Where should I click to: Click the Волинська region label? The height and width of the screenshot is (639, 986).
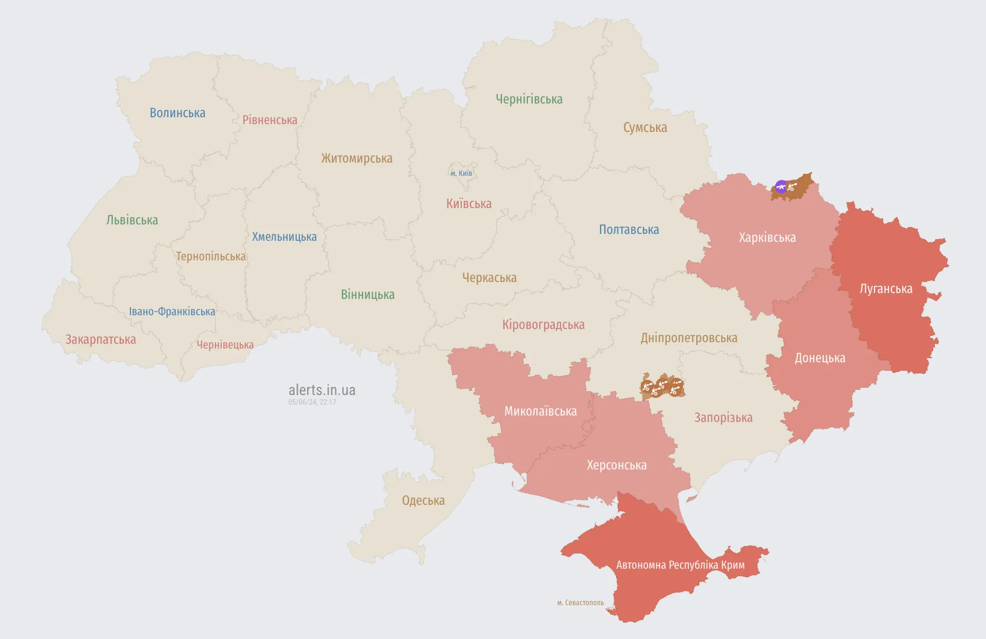pyautogui.click(x=177, y=113)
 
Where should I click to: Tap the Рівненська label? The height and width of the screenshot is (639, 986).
pyautogui.click(x=270, y=120)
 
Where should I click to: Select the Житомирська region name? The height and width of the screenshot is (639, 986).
pyautogui.click(x=357, y=158)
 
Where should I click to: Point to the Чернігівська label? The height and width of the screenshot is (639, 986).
pyautogui.click(x=529, y=99)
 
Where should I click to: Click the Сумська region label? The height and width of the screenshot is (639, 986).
pyautogui.click(x=645, y=128)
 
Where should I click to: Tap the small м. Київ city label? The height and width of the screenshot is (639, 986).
pyautogui.click(x=461, y=173)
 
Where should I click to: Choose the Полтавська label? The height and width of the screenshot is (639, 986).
pyautogui.click(x=629, y=230)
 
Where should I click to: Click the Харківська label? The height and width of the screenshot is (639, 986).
pyautogui.click(x=767, y=238)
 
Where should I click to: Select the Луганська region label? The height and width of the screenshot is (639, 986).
pyautogui.click(x=886, y=289)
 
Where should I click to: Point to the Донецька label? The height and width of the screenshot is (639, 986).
pyautogui.click(x=820, y=358)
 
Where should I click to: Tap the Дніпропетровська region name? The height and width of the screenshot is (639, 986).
pyautogui.click(x=689, y=338)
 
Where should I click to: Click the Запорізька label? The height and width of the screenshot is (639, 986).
pyautogui.click(x=723, y=418)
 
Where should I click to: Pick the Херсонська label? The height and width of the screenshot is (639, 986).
pyautogui.click(x=617, y=465)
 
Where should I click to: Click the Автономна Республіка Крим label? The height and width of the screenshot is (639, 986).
pyautogui.click(x=680, y=565)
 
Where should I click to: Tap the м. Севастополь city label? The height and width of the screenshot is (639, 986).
pyautogui.click(x=580, y=603)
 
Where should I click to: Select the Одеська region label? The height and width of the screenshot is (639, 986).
pyautogui.click(x=423, y=501)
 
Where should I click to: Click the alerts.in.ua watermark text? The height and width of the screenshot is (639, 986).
pyautogui.click(x=322, y=390)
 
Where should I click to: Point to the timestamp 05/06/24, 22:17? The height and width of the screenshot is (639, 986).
pyautogui.click(x=312, y=402)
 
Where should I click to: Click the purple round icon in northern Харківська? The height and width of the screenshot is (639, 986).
pyautogui.click(x=781, y=186)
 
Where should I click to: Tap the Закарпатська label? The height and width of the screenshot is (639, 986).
pyautogui.click(x=100, y=340)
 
